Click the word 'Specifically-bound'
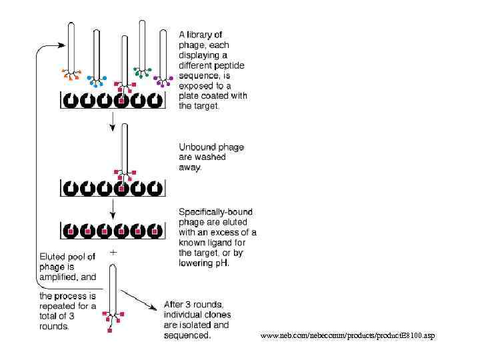click(215, 212)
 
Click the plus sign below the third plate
click(113, 253)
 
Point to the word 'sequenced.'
click(187, 335)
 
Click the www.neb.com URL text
click(347, 335)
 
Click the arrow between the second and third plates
click(113, 209)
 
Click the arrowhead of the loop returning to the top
click(61, 45)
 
